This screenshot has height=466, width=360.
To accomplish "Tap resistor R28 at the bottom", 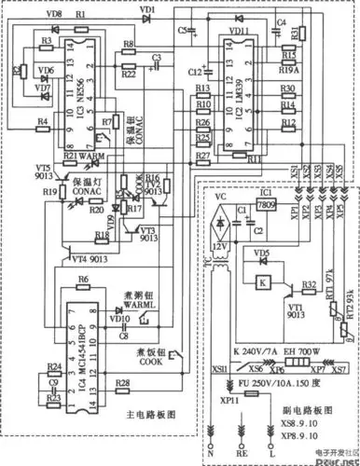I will pyautogui.click(x=123, y=383).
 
